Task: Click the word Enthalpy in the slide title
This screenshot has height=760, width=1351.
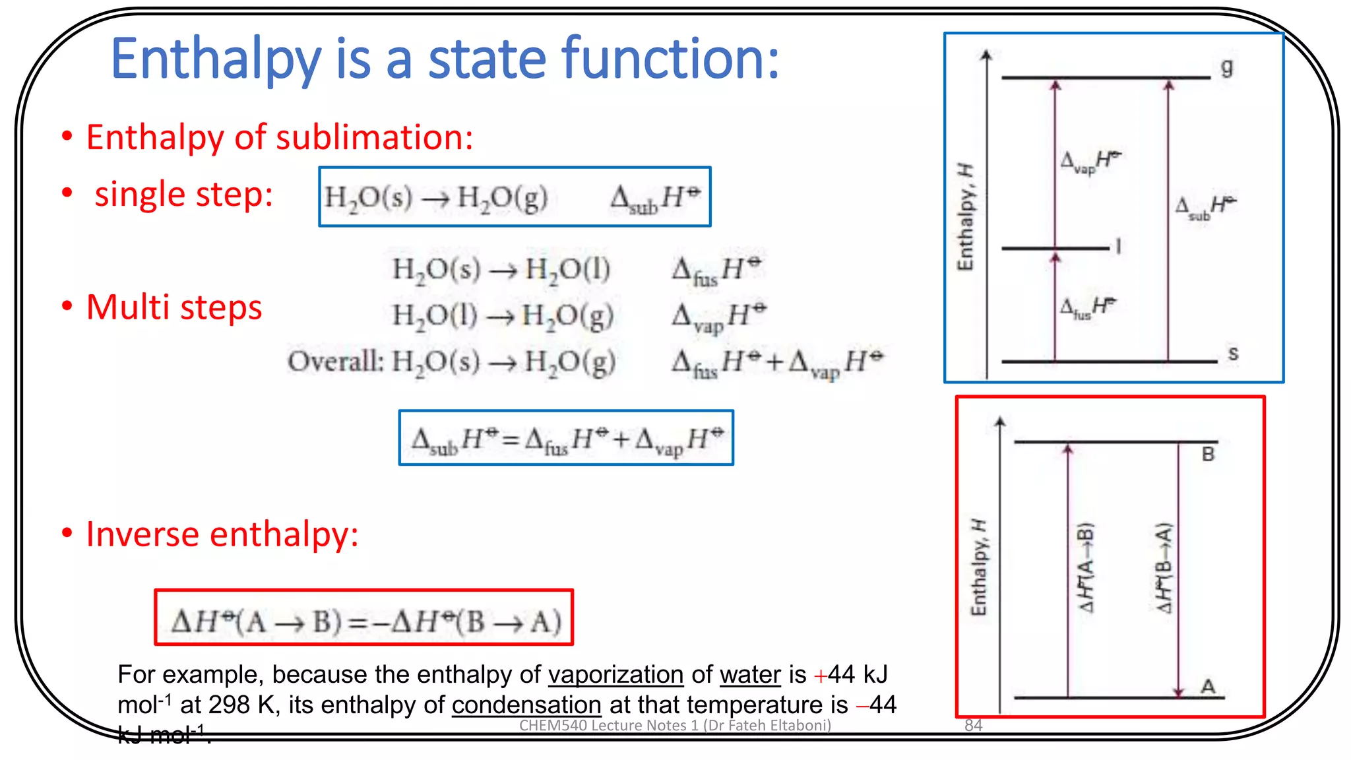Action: pyautogui.click(x=216, y=59)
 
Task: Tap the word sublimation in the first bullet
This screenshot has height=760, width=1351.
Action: pyautogui.click(x=374, y=138)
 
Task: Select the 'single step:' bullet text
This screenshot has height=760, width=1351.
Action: pyautogui.click(x=183, y=195)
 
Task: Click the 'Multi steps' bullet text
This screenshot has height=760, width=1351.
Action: pyautogui.click(x=174, y=307)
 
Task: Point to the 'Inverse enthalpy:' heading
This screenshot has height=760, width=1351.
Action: pyautogui.click(x=222, y=534)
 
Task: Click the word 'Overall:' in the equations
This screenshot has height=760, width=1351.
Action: pyautogui.click(x=335, y=362)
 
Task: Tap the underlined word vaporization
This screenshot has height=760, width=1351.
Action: pyautogui.click(x=615, y=675)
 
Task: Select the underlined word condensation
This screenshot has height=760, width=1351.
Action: pyautogui.click(x=526, y=705)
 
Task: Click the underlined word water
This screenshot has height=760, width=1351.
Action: pyautogui.click(x=750, y=675)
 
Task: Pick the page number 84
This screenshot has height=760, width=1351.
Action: pyautogui.click(x=973, y=726)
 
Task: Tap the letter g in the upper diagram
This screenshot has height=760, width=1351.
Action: pyautogui.click(x=1226, y=67)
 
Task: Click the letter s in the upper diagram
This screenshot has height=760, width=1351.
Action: pyautogui.click(x=1233, y=354)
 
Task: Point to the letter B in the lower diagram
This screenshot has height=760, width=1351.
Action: pyautogui.click(x=1208, y=455)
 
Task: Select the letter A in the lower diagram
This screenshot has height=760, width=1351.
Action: pyautogui.click(x=1208, y=687)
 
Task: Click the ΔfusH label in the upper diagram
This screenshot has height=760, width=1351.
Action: pyautogui.click(x=1087, y=308)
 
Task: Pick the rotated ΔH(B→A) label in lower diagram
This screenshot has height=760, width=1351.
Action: pyautogui.click(x=1164, y=567)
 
